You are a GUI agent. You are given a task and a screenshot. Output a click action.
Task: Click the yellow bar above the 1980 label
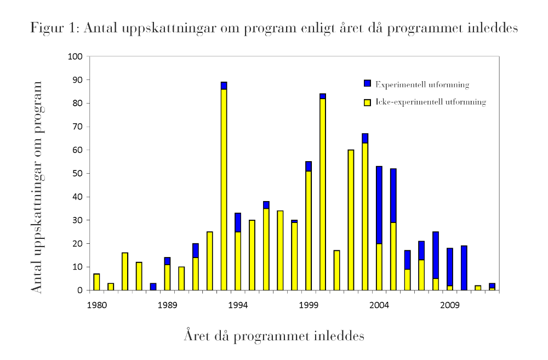97,282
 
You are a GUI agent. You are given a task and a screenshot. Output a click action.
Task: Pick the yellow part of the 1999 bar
309,230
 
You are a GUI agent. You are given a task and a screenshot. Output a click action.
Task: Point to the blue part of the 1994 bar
238,222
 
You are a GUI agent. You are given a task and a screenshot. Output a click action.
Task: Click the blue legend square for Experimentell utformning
368,83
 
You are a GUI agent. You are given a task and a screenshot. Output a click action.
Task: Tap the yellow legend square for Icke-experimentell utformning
368,102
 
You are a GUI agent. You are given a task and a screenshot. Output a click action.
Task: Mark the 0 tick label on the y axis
80,290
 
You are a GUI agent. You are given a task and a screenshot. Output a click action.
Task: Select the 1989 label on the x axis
167,305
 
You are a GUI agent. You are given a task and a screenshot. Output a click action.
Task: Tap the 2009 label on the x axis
450,305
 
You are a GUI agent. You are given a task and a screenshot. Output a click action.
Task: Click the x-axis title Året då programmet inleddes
274,335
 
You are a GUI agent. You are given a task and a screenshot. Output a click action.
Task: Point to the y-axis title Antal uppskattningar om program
37,186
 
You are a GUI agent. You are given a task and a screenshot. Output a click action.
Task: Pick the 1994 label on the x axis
238,305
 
